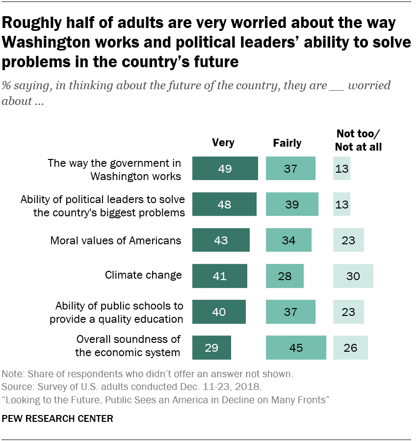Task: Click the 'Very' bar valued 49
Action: pos(225,168)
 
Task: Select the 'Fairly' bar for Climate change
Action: pos(285,276)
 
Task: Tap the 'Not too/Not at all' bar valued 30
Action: pos(353,276)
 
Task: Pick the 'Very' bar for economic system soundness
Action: pos(211,347)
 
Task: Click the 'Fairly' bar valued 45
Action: pos(296,347)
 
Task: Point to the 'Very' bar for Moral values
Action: pos(221,240)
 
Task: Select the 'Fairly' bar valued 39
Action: pos(292,204)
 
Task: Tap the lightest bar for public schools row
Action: pos(348,311)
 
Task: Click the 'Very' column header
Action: pos(223,143)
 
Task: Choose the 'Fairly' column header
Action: pos(287,143)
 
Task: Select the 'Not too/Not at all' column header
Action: pos(358,140)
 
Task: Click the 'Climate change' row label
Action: pos(143,275)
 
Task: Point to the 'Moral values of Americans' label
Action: pos(116,240)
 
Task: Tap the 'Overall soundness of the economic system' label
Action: pos(128,346)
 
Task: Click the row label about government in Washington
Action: pos(114,169)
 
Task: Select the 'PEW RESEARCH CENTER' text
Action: pos(58,418)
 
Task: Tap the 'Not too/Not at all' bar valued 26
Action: pos(350,347)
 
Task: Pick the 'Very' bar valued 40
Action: pos(219,311)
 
